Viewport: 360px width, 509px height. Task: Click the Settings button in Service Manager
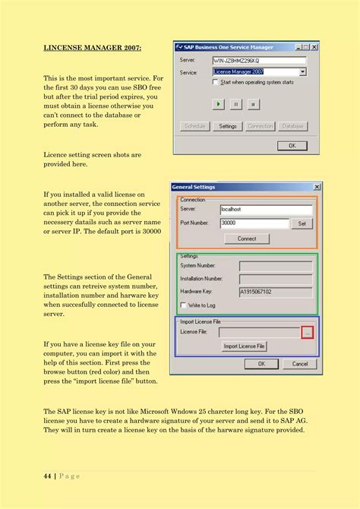228,126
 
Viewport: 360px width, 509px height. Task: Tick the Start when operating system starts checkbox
216,81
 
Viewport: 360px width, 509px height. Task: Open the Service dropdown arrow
302,72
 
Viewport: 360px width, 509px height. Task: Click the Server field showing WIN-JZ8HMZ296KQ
258,60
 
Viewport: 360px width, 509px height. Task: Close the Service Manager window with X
314,47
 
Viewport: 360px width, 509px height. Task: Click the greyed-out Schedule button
194,126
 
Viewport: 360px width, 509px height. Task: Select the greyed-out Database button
292,126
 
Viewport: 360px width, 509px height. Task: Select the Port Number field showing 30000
254,223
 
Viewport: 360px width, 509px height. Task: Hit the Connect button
247,239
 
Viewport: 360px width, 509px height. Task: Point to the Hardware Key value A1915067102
275,291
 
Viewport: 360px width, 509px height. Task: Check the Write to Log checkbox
183,305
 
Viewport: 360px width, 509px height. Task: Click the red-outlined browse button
306,332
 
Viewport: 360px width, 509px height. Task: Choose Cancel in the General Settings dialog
299,364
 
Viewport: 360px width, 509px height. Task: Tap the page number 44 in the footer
47,476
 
